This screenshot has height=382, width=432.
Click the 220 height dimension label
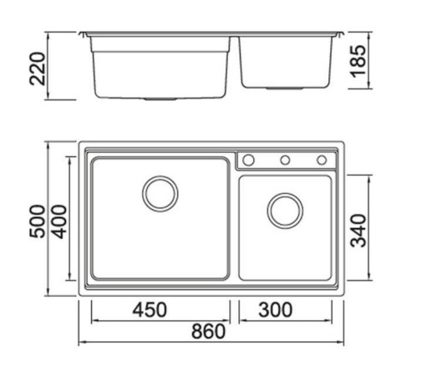[x=38, y=69]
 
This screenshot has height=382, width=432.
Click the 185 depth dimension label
[x=358, y=61]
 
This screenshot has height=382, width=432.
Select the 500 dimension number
[x=38, y=222]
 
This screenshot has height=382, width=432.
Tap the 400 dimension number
[x=59, y=222]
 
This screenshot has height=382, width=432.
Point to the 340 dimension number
[x=358, y=231]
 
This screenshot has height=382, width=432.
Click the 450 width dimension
[x=150, y=310]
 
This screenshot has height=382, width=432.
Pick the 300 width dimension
[x=276, y=310]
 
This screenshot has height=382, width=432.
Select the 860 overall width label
[x=208, y=331]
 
